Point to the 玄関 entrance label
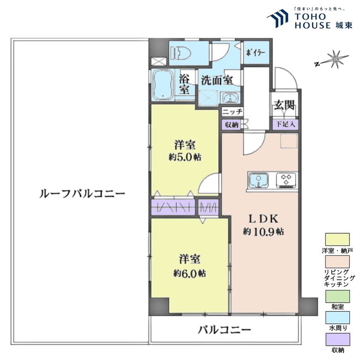(285, 105)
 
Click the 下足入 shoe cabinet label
(286, 124)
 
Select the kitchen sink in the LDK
(261, 181)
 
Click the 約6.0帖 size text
(190, 273)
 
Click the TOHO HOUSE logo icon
(278, 19)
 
